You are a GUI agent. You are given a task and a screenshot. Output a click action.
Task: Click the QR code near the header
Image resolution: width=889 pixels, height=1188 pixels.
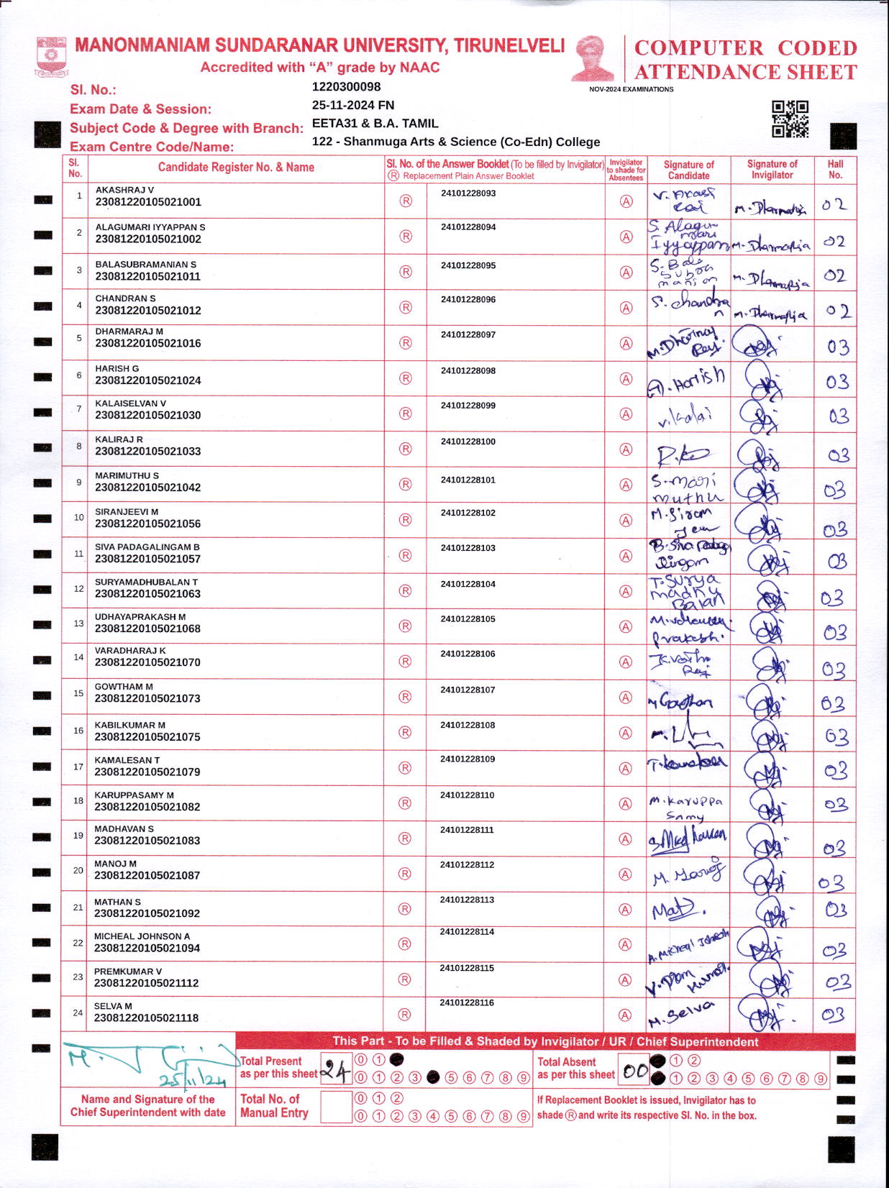[790, 119]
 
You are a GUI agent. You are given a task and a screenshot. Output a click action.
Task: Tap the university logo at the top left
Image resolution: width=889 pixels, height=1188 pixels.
[51, 57]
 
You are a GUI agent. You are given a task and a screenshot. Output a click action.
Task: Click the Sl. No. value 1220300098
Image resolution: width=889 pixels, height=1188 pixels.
[346, 87]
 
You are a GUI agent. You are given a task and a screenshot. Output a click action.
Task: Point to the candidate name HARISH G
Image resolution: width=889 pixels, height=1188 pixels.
[117, 368]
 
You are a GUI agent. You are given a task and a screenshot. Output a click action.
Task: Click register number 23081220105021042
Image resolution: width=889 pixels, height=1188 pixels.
[147, 488]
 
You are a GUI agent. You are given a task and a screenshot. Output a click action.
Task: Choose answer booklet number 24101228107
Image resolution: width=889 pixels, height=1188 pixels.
[468, 690]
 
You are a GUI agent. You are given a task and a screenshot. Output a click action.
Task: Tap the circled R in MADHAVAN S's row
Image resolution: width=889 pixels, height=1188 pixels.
[405, 839]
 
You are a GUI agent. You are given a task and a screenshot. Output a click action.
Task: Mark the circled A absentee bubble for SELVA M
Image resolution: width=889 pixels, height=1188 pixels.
[625, 1015]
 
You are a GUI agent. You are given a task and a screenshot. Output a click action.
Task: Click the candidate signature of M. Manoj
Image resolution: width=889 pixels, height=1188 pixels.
[687, 874]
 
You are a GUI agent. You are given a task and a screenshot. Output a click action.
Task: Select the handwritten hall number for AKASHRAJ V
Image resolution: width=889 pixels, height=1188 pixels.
[834, 205]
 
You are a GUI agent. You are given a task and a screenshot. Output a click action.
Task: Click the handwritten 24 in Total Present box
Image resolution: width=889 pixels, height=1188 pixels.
[335, 1072]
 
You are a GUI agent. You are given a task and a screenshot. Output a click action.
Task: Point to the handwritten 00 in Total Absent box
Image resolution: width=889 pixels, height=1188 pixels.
[634, 1072]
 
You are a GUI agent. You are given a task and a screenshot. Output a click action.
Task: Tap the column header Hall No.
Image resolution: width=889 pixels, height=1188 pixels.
[835, 169]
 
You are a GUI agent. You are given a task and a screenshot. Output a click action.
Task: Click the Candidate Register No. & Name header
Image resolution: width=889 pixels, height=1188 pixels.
[236, 168]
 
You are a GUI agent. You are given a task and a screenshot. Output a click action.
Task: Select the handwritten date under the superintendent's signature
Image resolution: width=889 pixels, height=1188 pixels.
[192, 1079]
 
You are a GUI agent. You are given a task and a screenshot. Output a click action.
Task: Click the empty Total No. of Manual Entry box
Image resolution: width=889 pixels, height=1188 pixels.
[335, 1107]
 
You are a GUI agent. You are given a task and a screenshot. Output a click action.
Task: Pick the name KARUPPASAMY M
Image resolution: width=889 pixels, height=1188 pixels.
[134, 795]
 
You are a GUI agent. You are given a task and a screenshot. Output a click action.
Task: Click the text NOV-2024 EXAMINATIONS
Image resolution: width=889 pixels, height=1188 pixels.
[631, 89]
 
